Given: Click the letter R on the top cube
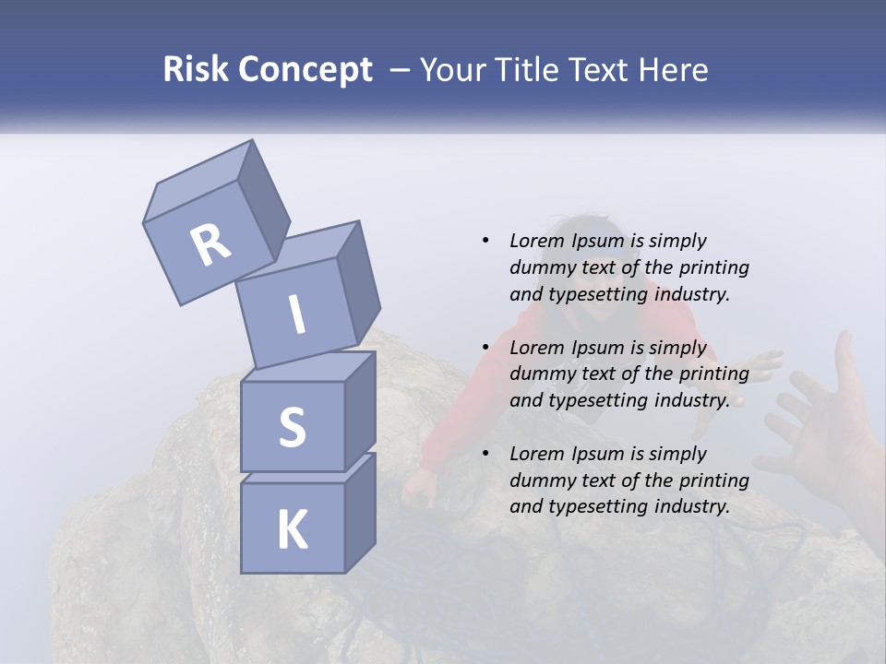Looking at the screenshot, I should pyautogui.click(x=210, y=244).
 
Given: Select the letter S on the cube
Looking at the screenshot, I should pyautogui.click(x=292, y=427).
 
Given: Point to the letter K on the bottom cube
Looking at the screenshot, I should pyautogui.click(x=292, y=530).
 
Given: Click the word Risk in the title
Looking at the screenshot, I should pyautogui.click(x=196, y=70).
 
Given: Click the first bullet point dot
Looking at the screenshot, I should pyautogui.click(x=485, y=242).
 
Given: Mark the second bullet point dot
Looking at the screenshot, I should pyautogui.click(x=485, y=349).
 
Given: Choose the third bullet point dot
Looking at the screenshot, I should pyautogui.click(x=485, y=455).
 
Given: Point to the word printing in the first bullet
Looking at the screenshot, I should pyautogui.click(x=714, y=268).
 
